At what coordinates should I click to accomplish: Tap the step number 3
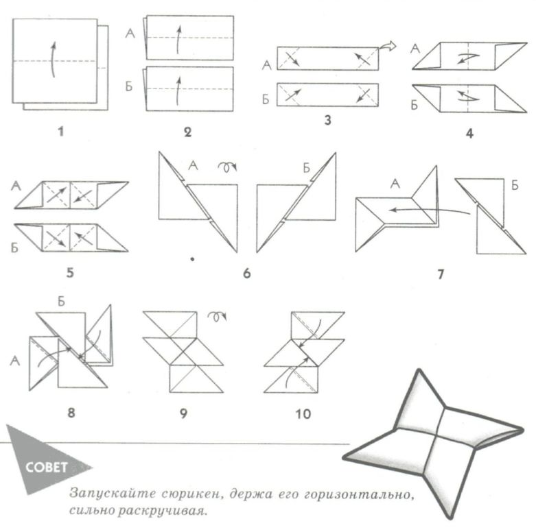tap(327, 123)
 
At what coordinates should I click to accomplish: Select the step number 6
tap(246, 275)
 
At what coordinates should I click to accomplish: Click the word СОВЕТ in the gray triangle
tap(46, 469)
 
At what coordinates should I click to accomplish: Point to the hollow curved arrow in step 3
tap(388, 46)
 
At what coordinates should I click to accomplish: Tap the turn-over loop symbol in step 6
tap(224, 167)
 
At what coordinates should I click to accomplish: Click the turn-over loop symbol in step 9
tap(219, 317)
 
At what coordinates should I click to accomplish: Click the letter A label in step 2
tap(131, 32)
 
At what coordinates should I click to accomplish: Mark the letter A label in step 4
tap(414, 47)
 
